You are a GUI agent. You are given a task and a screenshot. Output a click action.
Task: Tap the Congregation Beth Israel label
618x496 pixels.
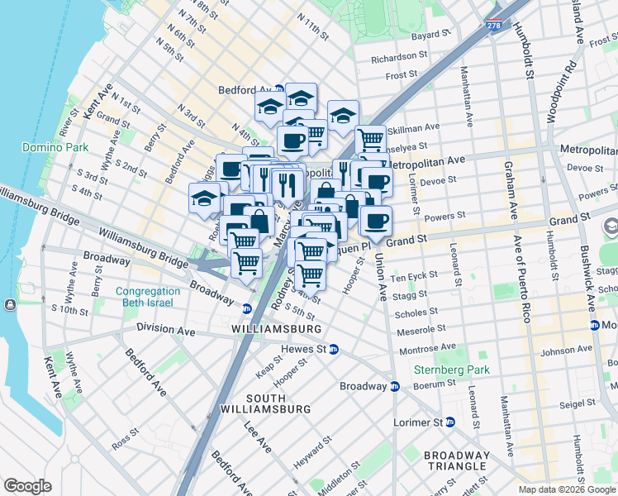[148, 298]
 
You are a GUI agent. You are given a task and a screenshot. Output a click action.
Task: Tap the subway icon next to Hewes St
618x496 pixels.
[334, 349]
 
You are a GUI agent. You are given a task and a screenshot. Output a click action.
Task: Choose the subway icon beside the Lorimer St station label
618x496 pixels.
[450, 422]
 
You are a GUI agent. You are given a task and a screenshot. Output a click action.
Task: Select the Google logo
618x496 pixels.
[27, 486]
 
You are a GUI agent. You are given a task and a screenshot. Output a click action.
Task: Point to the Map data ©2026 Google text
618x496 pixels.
[567, 489]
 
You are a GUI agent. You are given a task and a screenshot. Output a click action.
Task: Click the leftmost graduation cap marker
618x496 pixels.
[203, 198]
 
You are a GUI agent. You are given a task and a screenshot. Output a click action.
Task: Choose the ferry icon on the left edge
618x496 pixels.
[9, 304]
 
